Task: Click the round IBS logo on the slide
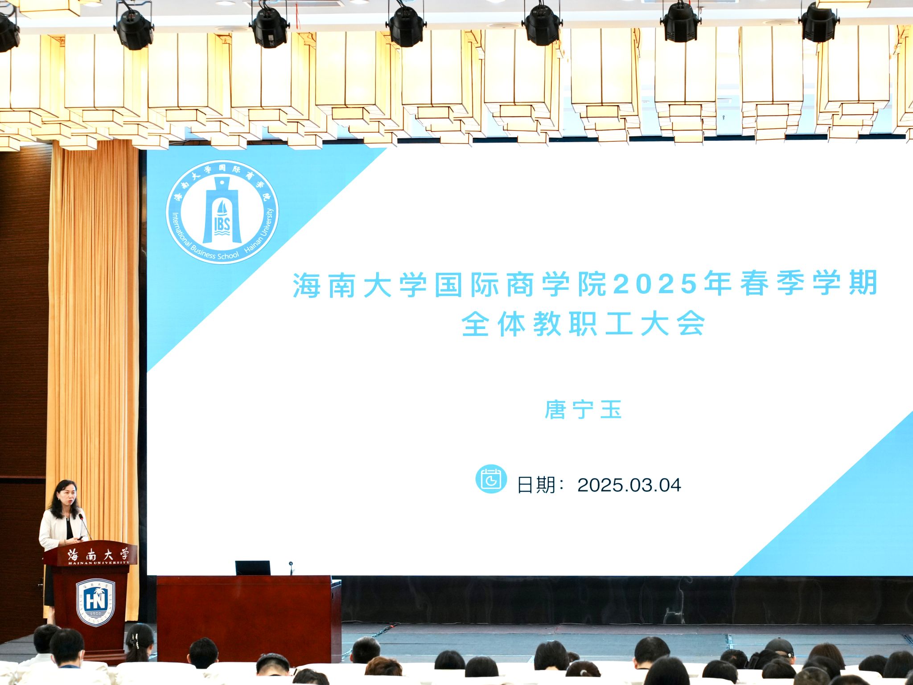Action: tap(222, 212)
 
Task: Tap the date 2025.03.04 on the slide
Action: tap(629, 485)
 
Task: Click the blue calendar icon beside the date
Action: tap(491, 479)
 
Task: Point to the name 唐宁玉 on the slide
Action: tap(583, 410)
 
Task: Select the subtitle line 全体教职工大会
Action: tap(583, 324)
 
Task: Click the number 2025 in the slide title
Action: tap(655, 283)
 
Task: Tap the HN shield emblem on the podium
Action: tap(95, 602)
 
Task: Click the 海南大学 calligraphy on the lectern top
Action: tap(98, 554)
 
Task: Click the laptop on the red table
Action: tap(253, 568)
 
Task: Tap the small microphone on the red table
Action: tap(291, 568)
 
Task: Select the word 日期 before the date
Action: tap(536, 485)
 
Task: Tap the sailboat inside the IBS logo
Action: tap(222, 208)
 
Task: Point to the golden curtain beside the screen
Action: tap(94, 357)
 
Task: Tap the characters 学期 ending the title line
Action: tap(845, 283)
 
